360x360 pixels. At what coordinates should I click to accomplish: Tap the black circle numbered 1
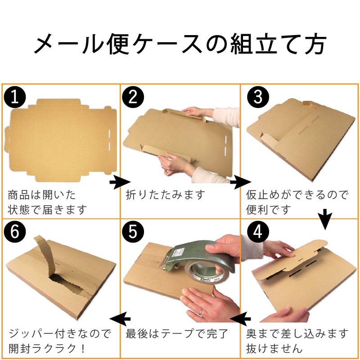point(14,98)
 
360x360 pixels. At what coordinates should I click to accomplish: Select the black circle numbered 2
point(133,98)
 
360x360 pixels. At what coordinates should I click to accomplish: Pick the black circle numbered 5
point(133,231)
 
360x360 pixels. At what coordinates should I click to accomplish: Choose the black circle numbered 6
point(14,231)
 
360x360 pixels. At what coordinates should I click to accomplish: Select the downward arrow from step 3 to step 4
point(325,217)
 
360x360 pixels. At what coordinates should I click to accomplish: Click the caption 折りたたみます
point(165,195)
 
